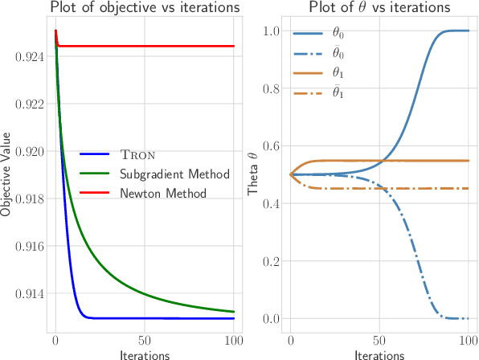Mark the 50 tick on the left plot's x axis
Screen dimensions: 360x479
pos(143,340)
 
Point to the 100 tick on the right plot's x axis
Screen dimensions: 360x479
pos(469,340)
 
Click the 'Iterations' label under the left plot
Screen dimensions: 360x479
pos(143,354)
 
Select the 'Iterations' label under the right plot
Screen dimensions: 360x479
pos(379,354)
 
